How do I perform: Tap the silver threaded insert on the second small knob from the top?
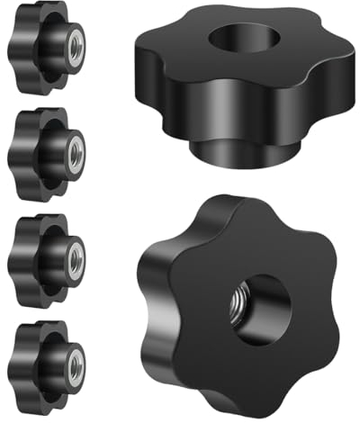(x=75, y=147)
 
